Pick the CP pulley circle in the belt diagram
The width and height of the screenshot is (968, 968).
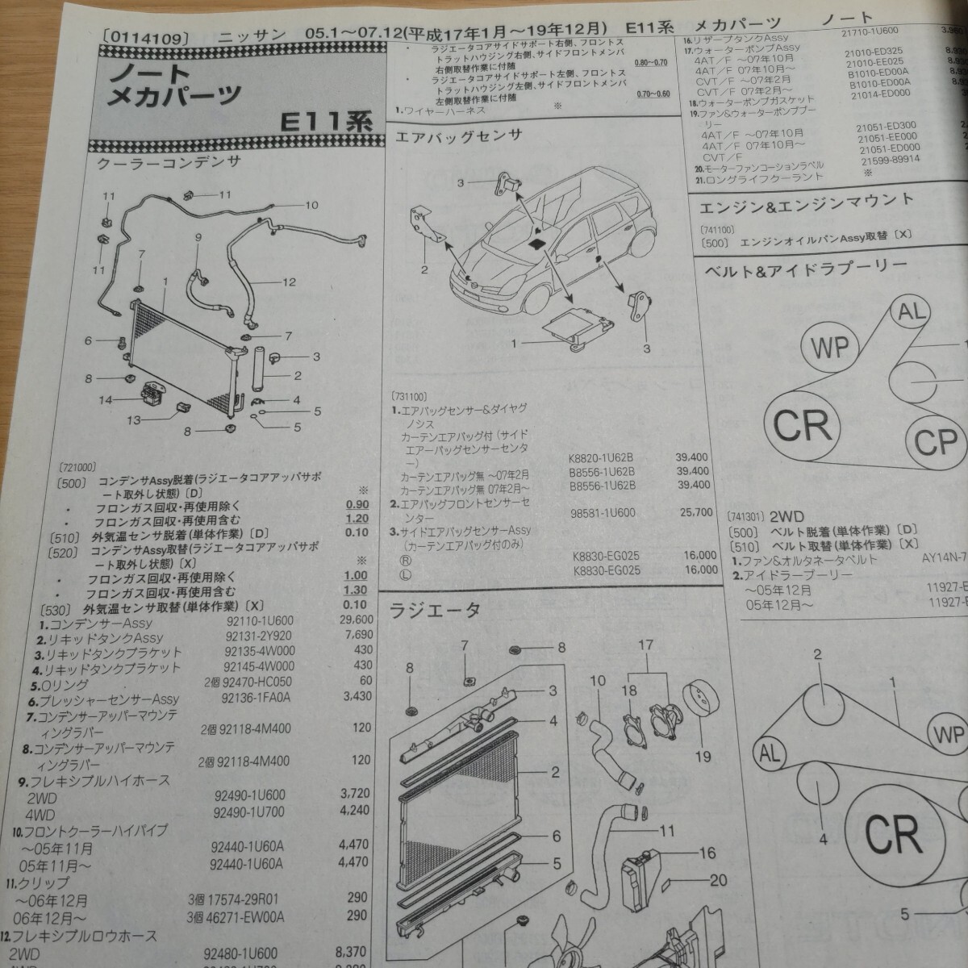pyautogui.click(x=935, y=440)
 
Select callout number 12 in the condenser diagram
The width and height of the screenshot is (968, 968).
pyautogui.click(x=290, y=283)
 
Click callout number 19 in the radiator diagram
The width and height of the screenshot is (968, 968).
pyautogui.click(x=703, y=757)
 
